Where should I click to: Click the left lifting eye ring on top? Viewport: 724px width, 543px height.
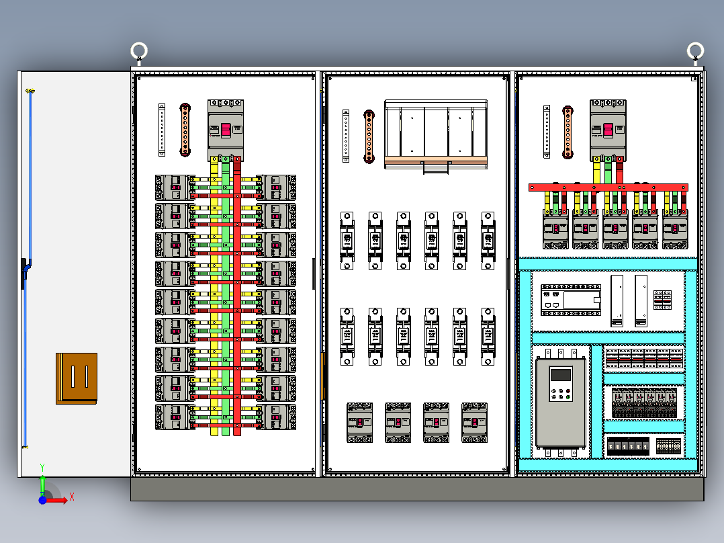[138, 50]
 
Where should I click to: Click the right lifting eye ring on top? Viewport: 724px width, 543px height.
[695, 50]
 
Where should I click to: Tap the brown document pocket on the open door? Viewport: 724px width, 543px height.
[77, 378]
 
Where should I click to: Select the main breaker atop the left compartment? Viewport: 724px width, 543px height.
[225, 130]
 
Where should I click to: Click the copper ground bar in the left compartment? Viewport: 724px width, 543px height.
[185, 130]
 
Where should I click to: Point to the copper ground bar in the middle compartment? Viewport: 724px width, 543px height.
[369, 136]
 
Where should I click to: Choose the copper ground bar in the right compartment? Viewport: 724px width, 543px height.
[568, 132]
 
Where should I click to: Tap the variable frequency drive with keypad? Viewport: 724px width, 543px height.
[560, 402]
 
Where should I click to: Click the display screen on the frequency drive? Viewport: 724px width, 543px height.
[560, 376]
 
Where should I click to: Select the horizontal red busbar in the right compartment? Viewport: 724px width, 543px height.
[608, 187]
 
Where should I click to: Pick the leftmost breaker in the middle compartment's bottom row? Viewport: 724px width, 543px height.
[359, 422]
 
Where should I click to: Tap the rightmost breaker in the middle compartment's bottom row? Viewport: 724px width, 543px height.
[474, 422]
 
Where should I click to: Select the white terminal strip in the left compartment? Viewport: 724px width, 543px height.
[162, 130]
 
